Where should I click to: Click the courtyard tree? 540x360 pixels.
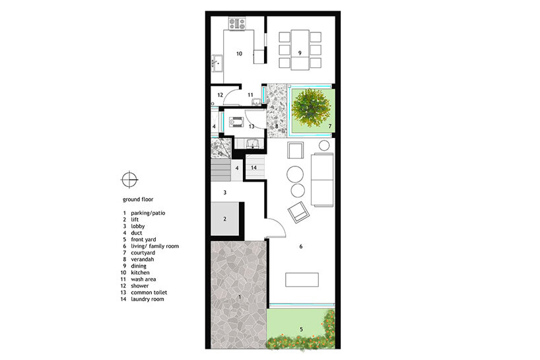311,108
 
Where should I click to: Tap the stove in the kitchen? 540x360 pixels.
238,24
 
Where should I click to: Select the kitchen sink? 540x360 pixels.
217,63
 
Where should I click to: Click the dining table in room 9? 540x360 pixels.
300,50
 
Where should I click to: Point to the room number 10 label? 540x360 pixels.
239,54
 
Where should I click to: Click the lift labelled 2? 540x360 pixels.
225,219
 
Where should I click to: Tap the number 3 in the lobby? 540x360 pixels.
225,192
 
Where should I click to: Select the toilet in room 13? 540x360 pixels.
236,123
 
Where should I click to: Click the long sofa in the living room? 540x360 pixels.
322,180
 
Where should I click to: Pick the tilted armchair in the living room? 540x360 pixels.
298,212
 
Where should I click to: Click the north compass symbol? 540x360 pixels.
129,179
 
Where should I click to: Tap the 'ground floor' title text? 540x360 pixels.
138,199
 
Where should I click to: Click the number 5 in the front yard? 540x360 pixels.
301,330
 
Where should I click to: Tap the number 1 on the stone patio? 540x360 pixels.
240,297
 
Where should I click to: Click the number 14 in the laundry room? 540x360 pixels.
253,168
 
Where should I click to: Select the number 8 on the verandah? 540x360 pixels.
277,126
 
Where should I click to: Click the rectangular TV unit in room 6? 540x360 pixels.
302,279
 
